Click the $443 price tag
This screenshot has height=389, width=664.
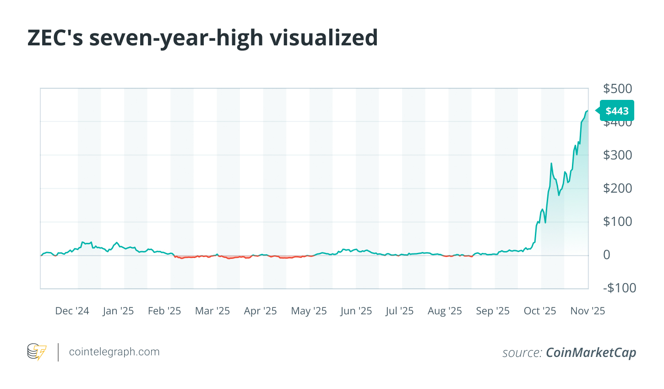[x=617, y=111]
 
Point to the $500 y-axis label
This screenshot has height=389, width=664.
[x=617, y=88]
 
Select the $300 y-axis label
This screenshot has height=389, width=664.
[x=617, y=155]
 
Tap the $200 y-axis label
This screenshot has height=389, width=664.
[x=617, y=188]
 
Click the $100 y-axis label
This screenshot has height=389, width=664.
[x=617, y=221]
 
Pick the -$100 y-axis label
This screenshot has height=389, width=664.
[x=619, y=288]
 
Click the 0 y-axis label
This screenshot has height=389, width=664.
[x=607, y=255]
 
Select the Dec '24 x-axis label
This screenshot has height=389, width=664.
[x=72, y=311]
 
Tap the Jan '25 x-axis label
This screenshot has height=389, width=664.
[x=118, y=311]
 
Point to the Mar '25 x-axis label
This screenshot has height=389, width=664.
[x=212, y=311]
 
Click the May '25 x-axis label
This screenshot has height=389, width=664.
[x=309, y=311]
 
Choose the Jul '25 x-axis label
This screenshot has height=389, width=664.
[x=399, y=311]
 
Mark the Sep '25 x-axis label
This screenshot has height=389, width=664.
[x=493, y=311]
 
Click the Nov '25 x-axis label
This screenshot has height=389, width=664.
[x=588, y=311]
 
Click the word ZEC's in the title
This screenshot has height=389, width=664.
[x=55, y=38]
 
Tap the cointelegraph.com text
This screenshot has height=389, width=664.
[x=114, y=352]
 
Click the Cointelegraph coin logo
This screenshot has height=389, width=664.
[x=37, y=352]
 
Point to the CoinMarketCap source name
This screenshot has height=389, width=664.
[x=591, y=352]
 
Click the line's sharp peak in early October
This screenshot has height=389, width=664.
[x=551, y=164]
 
